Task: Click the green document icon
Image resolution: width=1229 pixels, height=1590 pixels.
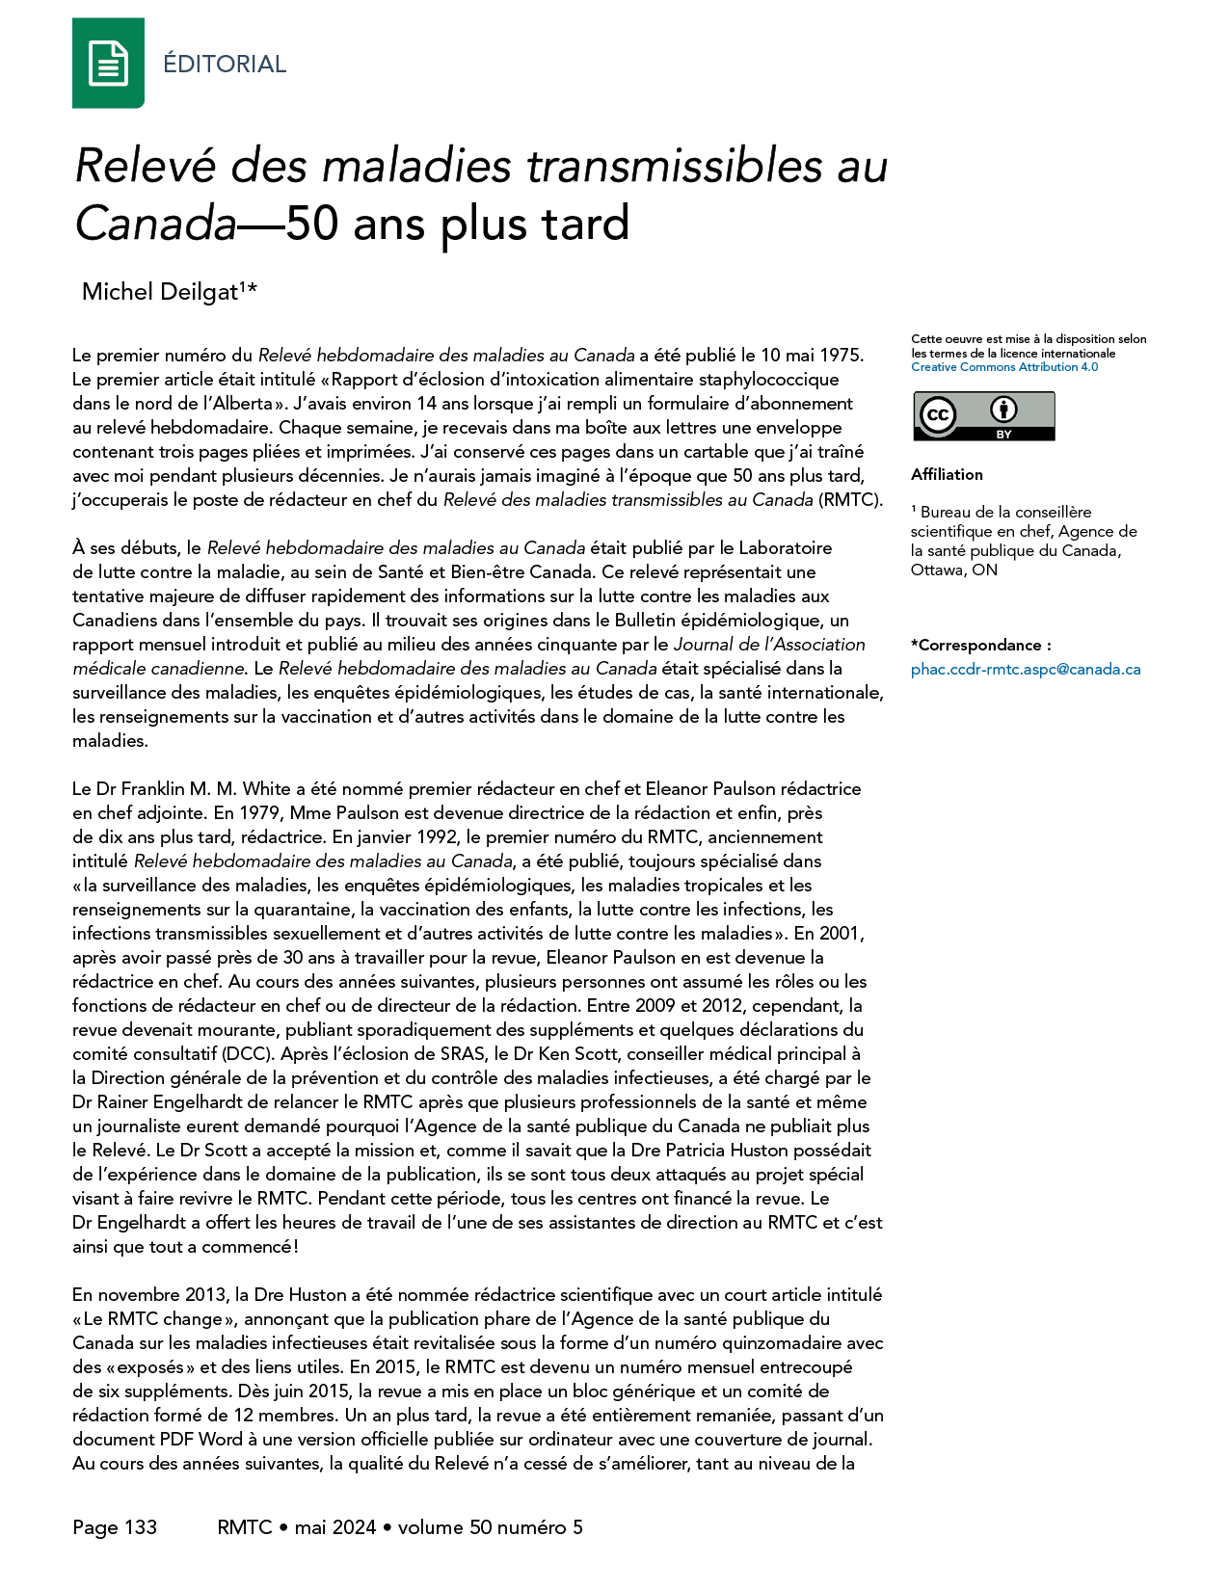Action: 108,64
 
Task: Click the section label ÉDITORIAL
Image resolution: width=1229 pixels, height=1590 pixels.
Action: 225,65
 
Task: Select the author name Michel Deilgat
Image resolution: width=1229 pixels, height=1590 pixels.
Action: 160,292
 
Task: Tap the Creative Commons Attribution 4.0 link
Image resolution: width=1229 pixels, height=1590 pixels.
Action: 1004,367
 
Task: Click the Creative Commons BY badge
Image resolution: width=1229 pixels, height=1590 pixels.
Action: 983,416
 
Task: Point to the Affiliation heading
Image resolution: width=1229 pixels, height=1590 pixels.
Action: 947,474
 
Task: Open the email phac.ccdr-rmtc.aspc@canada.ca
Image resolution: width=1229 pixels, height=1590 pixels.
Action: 1026,669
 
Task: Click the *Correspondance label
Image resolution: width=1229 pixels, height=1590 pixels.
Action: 980,645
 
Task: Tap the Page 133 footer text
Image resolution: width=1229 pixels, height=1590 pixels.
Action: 115,1527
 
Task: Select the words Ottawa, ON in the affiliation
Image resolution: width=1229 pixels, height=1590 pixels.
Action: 953,570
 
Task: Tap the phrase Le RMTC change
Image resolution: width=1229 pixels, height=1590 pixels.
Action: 152,1319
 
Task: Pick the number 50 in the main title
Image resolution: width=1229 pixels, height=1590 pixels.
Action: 311,224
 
